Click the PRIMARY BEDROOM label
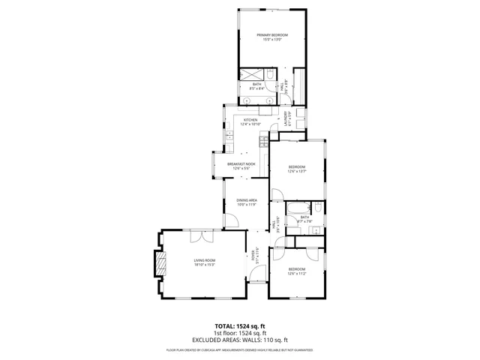(x=271, y=35)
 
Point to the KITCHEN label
(x=250, y=120)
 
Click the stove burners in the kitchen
(x=263, y=139)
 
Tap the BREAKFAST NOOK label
(x=241, y=163)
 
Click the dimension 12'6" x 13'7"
(x=298, y=172)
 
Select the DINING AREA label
(x=247, y=200)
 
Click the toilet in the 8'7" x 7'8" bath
(x=318, y=207)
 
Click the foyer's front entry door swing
(x=256, y=277)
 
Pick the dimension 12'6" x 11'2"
(x=297, y=273)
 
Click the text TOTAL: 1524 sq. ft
(x=240, y=326)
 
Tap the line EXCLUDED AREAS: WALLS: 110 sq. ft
(x=240, y=340)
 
